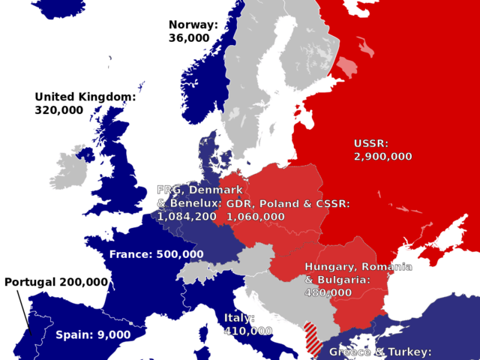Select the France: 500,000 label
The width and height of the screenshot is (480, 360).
[156, 254]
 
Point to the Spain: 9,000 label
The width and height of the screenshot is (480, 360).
[93, 334]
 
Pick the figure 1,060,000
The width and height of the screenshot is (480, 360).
[255, 217]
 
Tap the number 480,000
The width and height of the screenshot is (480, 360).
[328, 292]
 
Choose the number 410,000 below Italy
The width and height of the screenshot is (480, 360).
[248, 331]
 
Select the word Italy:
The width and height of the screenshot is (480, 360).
[239, 318]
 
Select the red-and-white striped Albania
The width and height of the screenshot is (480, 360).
[313, 336]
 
